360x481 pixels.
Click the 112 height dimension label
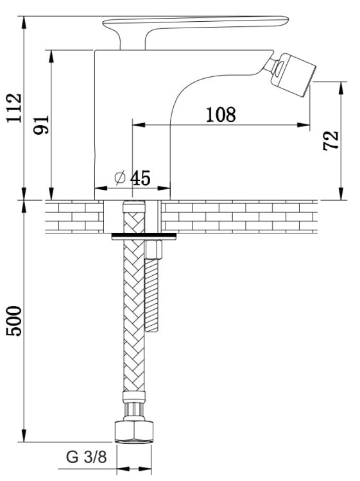(x=14, y=108)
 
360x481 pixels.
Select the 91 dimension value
(x=41, y=124)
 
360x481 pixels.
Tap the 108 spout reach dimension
(x=221, y=114)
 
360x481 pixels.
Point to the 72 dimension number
(x=331, y=140)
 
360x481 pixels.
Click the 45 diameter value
(x=141, y=178)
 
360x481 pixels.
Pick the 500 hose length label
(x=14, y=321)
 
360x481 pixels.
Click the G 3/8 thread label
(x=86, y=457)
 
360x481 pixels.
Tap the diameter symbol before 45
(x=120, y=178)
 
